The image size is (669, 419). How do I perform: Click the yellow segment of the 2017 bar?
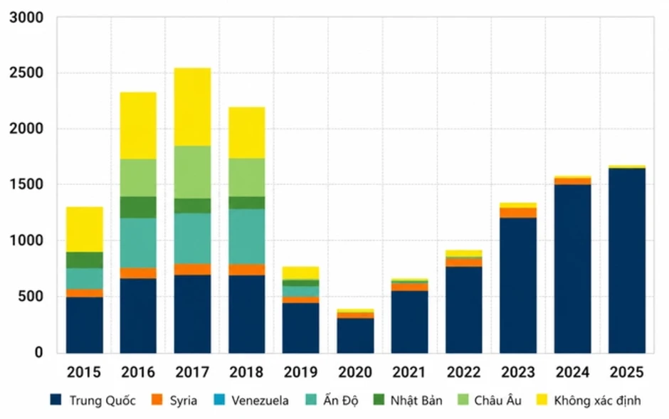(192, 107)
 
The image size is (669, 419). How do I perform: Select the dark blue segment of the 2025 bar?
(627, 260)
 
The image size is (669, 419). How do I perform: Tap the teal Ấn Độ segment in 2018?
(247, 237)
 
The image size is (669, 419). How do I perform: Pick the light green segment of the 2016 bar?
(138, 178)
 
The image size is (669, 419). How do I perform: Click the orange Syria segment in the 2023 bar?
(518, 213)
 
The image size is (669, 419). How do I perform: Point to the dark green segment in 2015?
(85, 260)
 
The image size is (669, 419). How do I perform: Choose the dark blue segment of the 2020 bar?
(355, 336)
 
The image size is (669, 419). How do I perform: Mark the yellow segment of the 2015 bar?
(85, 229)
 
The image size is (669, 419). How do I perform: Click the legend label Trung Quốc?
(102, 401)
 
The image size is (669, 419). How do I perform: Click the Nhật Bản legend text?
(416, 401)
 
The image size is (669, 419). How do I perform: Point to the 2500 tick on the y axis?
(26, 73)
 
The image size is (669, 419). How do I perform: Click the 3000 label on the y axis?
(26, 18)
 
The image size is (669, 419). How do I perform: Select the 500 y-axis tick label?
(31, 297)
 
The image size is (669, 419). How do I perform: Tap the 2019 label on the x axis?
(301, 372)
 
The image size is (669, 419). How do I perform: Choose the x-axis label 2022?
(464, 372)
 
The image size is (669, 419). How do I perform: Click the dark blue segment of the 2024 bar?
(573, 268)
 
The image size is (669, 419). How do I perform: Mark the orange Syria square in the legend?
(157, 400)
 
